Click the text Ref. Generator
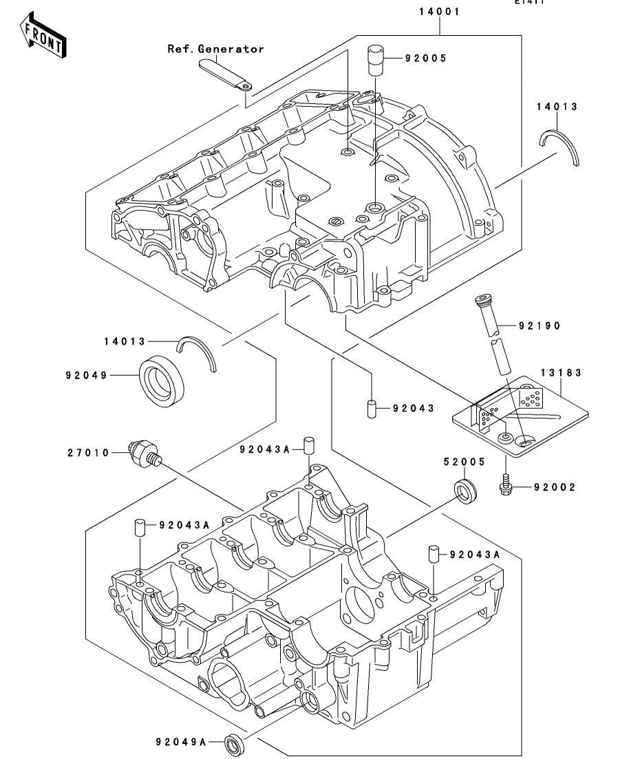coord(215,49)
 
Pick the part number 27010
coord(87,452)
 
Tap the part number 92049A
coord(180,742)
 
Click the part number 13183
coord(561,372)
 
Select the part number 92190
coord(540,325)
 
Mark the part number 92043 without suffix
coord(414,408)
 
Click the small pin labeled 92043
coord(371,407)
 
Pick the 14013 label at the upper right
coord(557,107)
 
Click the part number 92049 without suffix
coord(87,376)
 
